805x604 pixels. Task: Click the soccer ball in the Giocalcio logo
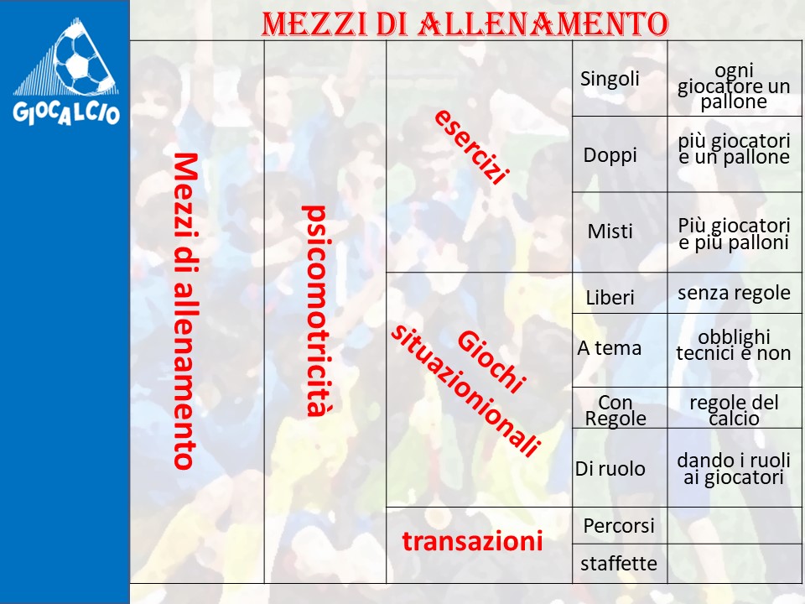(x=81, y=58)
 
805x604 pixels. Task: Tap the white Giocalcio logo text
(x=66, y=112)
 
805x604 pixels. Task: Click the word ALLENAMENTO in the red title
(x=543, y=24)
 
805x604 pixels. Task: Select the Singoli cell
(x=610, y=79)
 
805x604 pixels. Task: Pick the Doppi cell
(x=610, y=154)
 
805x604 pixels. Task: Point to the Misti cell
(x=610, y=232)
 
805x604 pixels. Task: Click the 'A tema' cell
(x=610, y=348)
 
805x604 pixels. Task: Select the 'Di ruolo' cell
(x=610, y=469)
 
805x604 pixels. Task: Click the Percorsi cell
(x=619, y=525)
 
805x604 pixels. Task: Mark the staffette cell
(x=619, y=564)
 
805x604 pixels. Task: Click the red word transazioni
(x=472, y=541)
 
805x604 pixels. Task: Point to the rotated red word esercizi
(x=472, y=146)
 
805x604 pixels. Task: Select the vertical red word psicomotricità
(x=315, y=310)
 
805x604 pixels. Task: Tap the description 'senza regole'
(x=735, y=293)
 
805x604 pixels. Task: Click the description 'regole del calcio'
(x=735, y=410)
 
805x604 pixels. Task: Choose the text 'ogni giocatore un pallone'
(x=735, y=86)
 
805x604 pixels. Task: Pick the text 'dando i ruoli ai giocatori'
(x=734, y=469)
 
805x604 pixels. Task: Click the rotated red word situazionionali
(x=465, y=390)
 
